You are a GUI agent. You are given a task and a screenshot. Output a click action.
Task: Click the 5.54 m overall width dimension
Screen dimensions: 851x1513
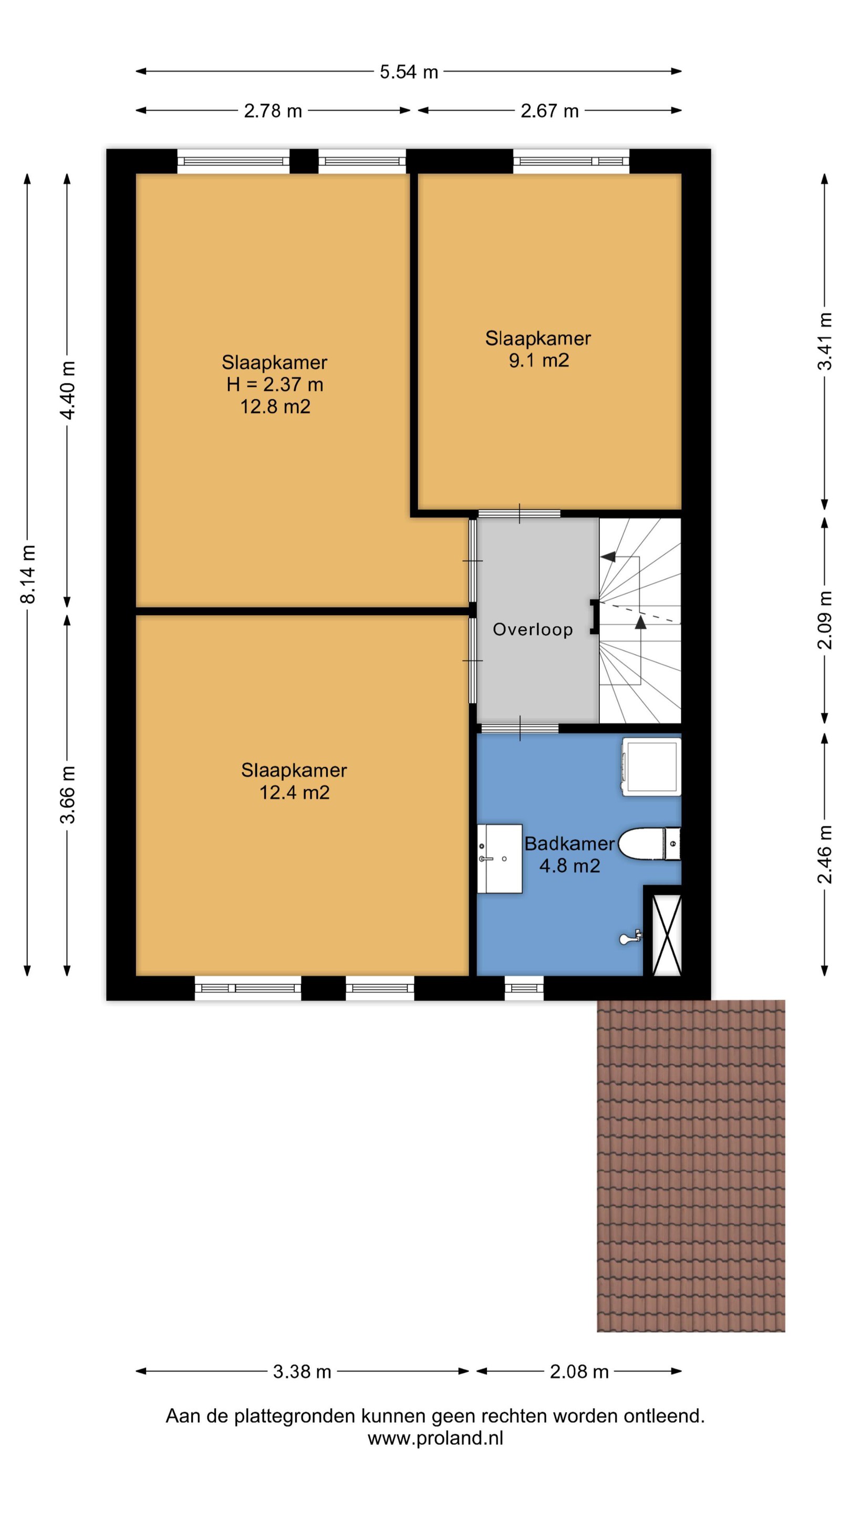pyautogui.click(x=409, y=71)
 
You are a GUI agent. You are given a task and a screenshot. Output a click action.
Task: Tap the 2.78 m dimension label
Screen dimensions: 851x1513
pyautogui.click(x=273, y=110)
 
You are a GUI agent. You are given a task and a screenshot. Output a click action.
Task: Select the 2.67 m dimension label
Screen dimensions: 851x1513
pyautogui.click(x=549, y=110)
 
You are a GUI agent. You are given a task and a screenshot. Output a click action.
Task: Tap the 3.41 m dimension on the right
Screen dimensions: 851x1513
pyautogui.click(x=825, y=341)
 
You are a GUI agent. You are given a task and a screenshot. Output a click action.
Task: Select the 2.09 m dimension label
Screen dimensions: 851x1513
pyautogui.click(x=825, y=620)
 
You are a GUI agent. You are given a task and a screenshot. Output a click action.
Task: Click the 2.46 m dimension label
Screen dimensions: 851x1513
pyautogui.click(x=825, y=855)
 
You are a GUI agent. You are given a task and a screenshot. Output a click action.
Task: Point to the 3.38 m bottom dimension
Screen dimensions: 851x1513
pyautogui.click(x=303, y=1372)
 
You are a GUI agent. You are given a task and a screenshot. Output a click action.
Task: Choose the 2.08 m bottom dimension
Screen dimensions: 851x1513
pyautogui.click(x=579, y=1372)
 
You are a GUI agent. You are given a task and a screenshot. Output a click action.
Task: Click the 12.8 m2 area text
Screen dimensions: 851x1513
pyautogui.click(x=275, y=407)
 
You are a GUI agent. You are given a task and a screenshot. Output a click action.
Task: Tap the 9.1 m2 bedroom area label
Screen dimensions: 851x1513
pyautogui.click(x=539, y=360)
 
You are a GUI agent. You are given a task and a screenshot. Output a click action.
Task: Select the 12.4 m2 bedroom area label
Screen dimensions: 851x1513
pyautogui.click(x=294, y=792)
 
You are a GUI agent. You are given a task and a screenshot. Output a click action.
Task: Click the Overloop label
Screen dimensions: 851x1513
pyautogui.click(x=533, y=630)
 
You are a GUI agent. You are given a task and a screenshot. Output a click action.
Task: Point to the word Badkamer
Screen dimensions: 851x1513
pyautogui.click(x=569, y=843)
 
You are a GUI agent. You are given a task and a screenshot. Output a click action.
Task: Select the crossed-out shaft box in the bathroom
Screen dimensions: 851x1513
pyautogui.click(x=667, y=935)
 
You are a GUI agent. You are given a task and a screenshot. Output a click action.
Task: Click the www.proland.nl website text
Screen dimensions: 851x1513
pyautogui.click(x=435, y=1438)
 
